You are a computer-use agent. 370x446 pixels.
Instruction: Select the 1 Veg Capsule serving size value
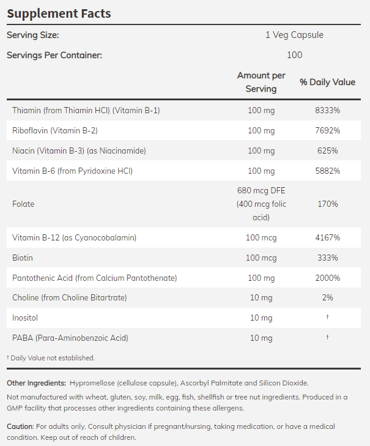click(294, 35)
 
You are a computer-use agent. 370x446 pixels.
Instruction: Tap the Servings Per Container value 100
click(294, 55)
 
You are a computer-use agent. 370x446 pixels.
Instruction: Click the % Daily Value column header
click(327, 82)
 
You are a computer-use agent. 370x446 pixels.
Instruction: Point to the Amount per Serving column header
click(261, 82)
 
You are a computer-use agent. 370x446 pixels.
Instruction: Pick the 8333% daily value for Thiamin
click(327, 110)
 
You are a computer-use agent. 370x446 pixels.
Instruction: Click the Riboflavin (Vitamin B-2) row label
click(55, 130)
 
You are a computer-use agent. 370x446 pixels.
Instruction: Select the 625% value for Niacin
click(327, 151)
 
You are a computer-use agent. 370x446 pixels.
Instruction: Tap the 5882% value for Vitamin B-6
click(327, 171)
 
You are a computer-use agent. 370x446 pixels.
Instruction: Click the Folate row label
click(23, 204)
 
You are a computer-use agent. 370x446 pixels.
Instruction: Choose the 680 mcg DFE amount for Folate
click(261, 190)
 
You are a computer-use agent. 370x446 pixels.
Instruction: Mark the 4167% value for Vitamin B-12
click(327, 237)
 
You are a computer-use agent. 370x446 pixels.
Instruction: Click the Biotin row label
click(22, 258)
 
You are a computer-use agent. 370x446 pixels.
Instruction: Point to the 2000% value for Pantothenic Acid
click(327, 278)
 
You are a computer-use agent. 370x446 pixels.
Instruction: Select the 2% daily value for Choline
click(327, 298)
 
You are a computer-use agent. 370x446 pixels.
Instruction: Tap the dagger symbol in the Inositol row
click(327, 318)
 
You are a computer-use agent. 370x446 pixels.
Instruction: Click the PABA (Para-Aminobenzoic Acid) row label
click(70, 338)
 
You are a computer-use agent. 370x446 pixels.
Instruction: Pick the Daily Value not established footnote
click(51, 357)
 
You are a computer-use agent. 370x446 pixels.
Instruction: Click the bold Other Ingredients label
click(36, 383)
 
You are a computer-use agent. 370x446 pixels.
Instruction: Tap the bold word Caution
click(20, 426)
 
